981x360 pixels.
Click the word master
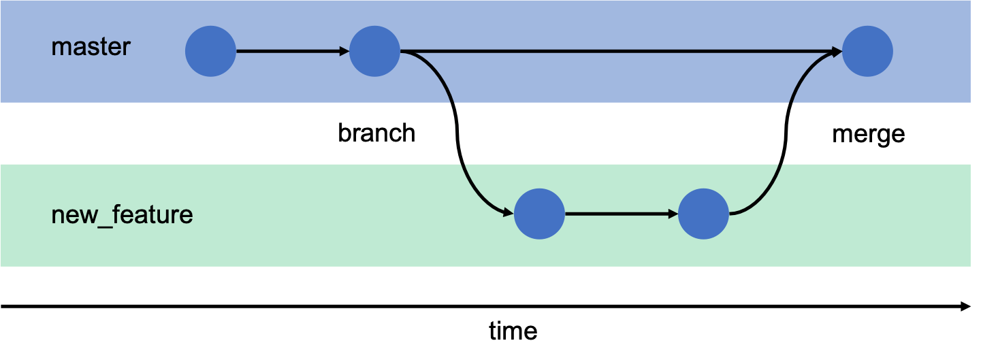(x=91, y=48)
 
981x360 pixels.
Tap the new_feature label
(x=123, y=215)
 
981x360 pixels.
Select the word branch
(x=376, y=133)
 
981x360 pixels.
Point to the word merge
(x=869, y=133)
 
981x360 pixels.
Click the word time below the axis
(x=513, y=331)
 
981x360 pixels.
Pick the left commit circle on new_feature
(x=539, y=214)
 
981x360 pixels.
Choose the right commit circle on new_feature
(x=704, y=214)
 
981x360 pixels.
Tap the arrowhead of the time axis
(x=965, y=306)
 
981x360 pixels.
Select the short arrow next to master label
(x=289, y=51)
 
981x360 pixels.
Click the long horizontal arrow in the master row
(x=613, y=51)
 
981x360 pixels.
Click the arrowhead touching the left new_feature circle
(x=507, y=213)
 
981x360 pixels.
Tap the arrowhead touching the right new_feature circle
(x=673, y=214)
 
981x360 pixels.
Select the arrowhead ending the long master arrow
(x=837, y=51)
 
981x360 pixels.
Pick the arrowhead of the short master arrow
(x=344, y=51)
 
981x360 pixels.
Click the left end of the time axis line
(x=3, y=306)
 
